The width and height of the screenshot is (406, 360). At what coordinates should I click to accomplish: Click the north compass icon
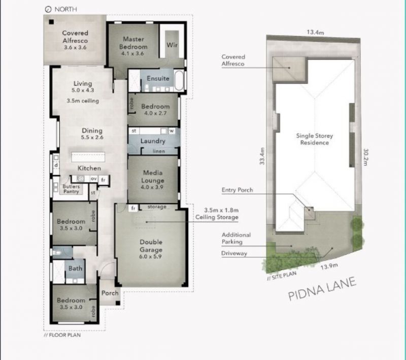[48, 10]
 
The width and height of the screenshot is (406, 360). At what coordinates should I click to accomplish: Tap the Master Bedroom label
[133, 43]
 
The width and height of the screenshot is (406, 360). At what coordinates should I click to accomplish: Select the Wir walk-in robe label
[172, 45]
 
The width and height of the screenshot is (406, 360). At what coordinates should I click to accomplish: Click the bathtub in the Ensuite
[179, 80]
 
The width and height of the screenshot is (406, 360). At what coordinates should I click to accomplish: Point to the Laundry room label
[153, 141]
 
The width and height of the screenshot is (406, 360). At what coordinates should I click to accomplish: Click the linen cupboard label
[159, 151]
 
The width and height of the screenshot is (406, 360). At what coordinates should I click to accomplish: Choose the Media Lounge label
[153, 177]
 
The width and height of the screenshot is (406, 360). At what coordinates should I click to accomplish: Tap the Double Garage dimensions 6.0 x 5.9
[150, 256]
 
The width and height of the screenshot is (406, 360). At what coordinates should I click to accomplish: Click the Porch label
[110, 293]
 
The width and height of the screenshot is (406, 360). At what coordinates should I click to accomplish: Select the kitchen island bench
[88, 157]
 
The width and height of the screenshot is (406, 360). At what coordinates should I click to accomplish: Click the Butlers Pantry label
[71, 189]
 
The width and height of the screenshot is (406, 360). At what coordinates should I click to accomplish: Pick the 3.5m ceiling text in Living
[83, 101]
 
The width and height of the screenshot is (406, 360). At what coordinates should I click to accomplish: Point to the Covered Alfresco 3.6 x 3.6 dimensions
[75, 47]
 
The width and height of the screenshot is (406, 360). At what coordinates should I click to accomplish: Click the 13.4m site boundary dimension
[315, 32]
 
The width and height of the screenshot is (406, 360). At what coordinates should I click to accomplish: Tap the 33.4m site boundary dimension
[262, 156]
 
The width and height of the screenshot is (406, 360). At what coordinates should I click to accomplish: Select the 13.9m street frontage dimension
[329, 266]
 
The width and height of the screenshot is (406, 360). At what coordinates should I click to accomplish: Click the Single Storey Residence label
[314, 139]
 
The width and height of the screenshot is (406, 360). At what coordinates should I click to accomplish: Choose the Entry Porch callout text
[237, 190]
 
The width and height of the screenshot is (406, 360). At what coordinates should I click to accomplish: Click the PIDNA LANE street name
[322, 289]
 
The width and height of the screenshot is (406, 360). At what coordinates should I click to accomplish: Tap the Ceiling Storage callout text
[217, 217]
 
